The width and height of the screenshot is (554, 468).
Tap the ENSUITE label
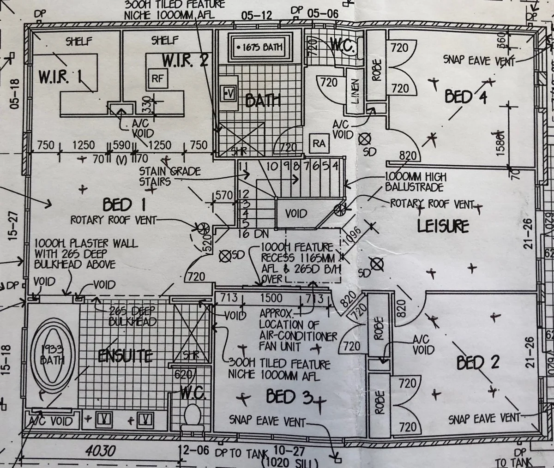(125, 356)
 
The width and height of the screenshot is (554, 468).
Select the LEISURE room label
(443, 226)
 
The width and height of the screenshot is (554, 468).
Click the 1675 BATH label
(259, 47)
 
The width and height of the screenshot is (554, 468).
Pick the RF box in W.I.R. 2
(157, 78)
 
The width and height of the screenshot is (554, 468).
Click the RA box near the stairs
(319, 144)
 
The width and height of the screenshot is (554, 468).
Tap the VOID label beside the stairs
(296, 214)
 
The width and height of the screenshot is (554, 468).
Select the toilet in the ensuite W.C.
(192, 414)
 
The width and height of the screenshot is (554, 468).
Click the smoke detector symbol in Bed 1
(225, 255)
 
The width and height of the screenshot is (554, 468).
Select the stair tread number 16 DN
(250, 234)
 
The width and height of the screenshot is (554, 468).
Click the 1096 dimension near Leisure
(352, 237)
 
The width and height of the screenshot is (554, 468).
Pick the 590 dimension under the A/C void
(122, 145)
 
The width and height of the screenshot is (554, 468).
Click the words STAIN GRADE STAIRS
(170, 176)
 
